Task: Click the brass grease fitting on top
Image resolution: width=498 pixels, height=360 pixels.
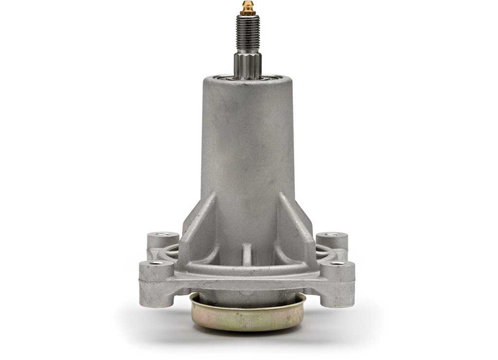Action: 248,9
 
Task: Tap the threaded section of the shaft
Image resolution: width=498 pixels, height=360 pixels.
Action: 248,33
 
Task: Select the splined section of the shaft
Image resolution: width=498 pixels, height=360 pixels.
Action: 248,64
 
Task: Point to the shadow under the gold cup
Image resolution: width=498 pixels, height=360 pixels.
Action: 248,334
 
